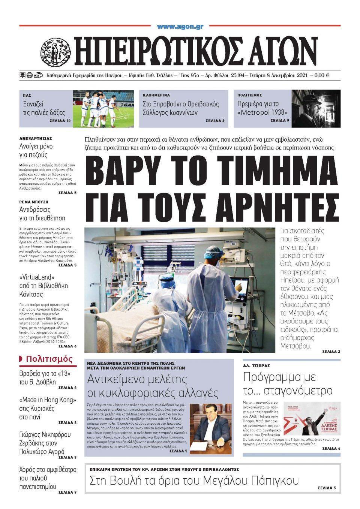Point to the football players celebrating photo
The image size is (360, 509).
[x=103, y=108]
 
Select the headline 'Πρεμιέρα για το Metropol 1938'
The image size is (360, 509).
[x=262, y=108]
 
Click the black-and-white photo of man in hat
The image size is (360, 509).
[x=316, y=108]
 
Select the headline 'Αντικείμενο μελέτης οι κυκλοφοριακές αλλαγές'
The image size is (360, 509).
[x=153, y=386]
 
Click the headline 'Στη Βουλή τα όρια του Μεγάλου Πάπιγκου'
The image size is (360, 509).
[x=194, y=481]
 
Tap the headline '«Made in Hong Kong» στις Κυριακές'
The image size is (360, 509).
[x=47, y=408]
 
